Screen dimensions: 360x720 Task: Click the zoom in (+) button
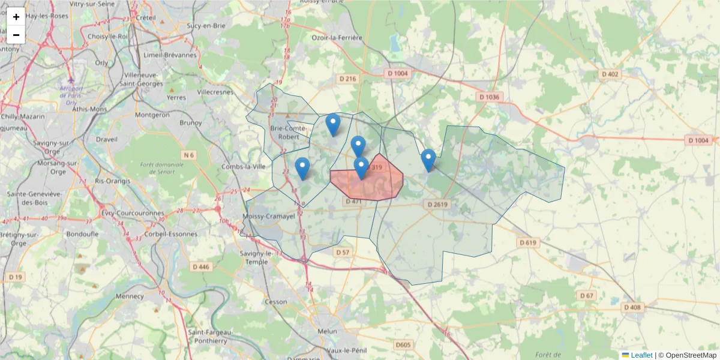16,17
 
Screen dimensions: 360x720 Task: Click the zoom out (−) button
16,35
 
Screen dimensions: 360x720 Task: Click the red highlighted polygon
384,183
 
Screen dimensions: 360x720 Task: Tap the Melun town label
328,331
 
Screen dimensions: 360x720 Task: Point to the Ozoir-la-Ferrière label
337,38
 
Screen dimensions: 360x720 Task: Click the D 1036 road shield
488,97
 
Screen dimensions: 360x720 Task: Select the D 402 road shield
609,74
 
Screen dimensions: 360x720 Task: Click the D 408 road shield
632,307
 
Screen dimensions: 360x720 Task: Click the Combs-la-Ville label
244,166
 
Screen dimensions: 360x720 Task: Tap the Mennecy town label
130,296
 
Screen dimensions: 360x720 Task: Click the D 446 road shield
201,266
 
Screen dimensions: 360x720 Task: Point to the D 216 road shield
347,79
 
